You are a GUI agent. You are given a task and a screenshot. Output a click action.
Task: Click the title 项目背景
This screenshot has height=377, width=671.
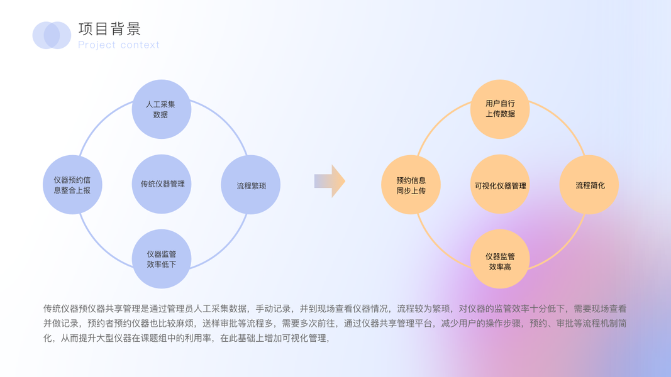pos(110,29)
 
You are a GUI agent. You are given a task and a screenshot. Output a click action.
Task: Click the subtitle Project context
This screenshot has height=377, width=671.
pos(119,45)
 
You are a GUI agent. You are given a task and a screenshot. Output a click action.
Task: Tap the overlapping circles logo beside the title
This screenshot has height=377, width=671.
pos(52,35)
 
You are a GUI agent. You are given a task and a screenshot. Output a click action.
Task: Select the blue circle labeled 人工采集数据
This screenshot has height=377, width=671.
pos(161,109)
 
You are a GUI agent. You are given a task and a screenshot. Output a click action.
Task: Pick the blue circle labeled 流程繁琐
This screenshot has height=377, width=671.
pos(251,185)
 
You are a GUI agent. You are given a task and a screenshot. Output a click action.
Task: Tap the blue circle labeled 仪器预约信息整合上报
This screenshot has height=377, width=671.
pos(72,185)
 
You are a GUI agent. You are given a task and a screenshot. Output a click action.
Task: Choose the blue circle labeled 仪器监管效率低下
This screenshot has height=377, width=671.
pos(162,259)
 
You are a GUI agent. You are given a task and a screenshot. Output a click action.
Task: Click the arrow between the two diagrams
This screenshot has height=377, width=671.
pos(330,182)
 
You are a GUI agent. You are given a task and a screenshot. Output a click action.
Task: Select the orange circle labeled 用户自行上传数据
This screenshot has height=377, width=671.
pos(500,109)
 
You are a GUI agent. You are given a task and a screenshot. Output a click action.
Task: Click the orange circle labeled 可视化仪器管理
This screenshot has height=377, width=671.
pos(500,185)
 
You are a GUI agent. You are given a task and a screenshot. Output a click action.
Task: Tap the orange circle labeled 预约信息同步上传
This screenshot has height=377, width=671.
pos(411,185)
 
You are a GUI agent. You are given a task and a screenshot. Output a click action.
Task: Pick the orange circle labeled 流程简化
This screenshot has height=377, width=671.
pos(590,185)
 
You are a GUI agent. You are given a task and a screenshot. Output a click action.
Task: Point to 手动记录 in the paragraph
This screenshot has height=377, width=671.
pos(275,309)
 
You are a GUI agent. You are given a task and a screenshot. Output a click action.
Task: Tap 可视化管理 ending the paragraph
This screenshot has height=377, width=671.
pos(305,339)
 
